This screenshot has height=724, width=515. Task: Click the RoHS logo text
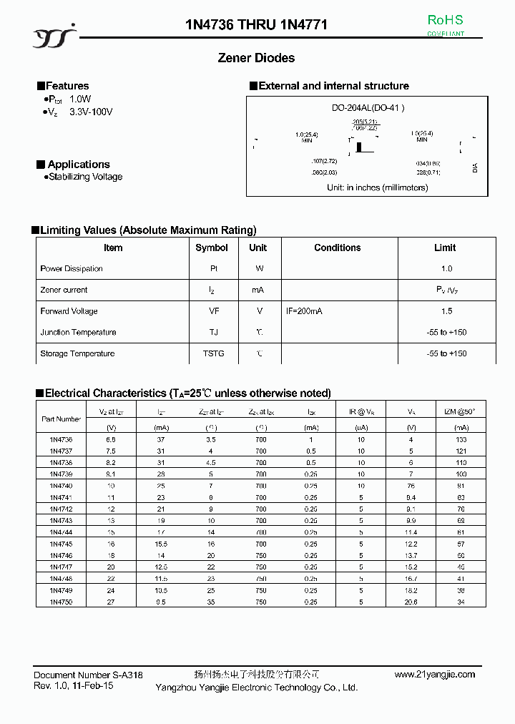pos(445,20)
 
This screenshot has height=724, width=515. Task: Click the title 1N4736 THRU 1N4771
pos(256,25)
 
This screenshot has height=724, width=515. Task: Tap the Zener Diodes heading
pos(256,58)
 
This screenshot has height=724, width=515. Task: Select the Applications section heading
pos(78,165)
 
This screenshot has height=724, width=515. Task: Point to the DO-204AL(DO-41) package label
pos(368,108)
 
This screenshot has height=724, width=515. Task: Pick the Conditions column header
pos(338,248)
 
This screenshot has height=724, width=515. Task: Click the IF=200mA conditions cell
pos(305,311)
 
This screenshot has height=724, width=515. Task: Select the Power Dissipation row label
pos(72,269)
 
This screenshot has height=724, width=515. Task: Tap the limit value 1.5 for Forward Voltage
pos(446,311)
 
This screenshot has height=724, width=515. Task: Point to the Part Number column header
pos(62,419)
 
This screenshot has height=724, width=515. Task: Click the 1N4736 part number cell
pos(62,439)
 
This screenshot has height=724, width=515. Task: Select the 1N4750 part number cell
pos(62,602)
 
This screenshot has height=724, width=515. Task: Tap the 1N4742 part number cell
pos(62,509)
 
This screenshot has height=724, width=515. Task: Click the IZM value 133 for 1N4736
pos(461,439)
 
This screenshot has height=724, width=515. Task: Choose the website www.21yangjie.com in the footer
pos(434,675)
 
